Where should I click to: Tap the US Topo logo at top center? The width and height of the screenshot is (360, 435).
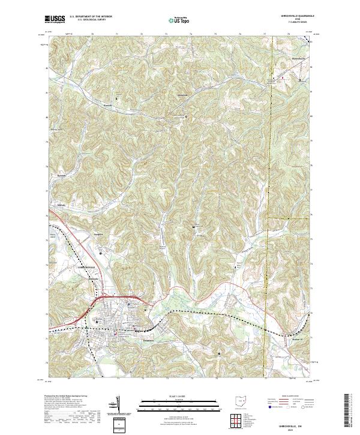(x=180, y=20)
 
